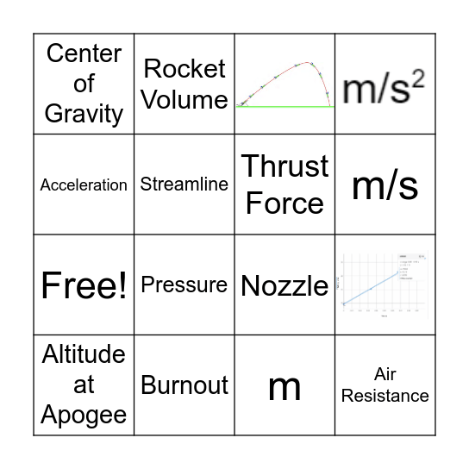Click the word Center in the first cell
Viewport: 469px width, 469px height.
pos(84,53)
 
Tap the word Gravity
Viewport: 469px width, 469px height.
pos(84,114)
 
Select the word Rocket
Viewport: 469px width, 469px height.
pos(184,69)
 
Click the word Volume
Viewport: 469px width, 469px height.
pos(184,99)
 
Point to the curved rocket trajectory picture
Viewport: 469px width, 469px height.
pos(285,84)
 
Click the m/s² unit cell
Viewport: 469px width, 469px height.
pos(385,86)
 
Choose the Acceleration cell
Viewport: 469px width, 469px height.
pos(84,184)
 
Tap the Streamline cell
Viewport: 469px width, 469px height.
pos(184,184)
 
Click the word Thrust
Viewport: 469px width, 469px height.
pos(285,166)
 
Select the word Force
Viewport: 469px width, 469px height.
pos(285,203)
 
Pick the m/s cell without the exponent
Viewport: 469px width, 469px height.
pos(385,184)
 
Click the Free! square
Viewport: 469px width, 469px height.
pos(84,285)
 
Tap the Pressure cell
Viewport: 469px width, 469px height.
pos(184,285)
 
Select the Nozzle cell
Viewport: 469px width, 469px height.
pos(285,285)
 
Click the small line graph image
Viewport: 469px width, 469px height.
pos(385,285)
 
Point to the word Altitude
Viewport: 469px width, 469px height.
pos(84,354)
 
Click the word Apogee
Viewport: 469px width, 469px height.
pos(84,415)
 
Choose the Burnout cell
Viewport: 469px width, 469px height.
pos(184,385)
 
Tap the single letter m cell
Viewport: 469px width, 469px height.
pos(285,387)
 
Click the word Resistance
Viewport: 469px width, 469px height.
pos(385,397)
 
